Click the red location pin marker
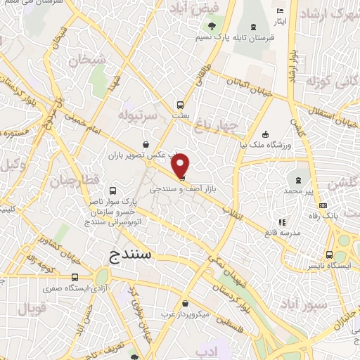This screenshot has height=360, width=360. pyautogui.click(x=181, y=165)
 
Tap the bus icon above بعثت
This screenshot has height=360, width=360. pyautogui.click(x=181, y=100)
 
